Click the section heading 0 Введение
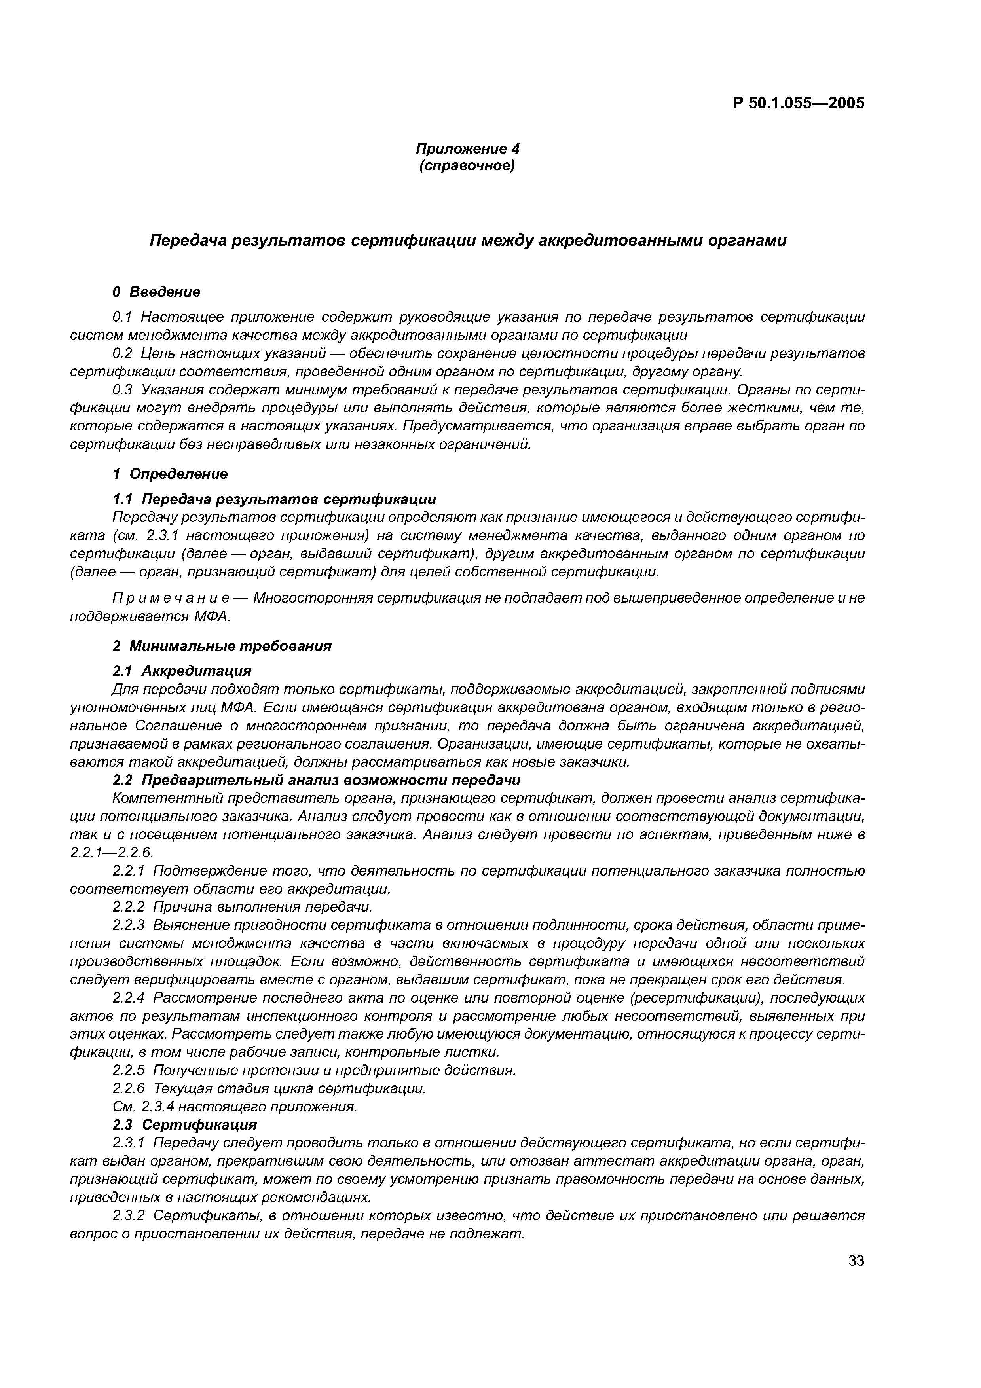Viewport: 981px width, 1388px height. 157,292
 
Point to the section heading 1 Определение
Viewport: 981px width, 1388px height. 171,474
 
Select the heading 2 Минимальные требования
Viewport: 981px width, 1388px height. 222,646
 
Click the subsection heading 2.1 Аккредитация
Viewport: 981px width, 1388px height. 182,671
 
